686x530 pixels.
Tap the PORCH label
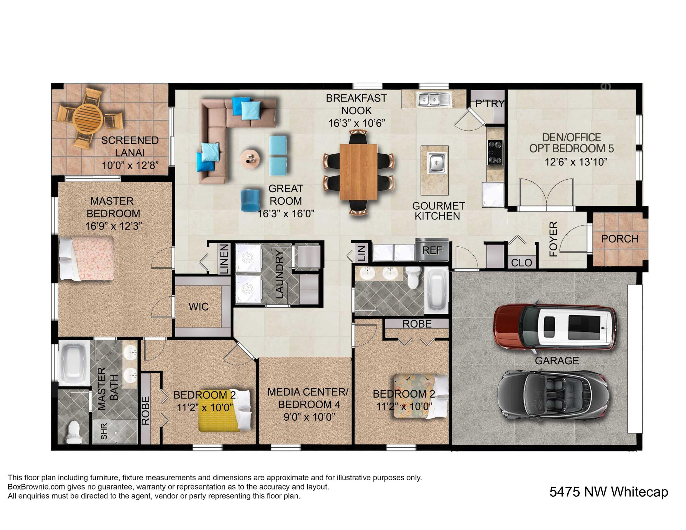coord(620,239)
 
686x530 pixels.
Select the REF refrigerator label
coord(432,250)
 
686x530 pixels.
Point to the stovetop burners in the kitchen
coord(495,152)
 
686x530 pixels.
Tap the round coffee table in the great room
coord(250,159)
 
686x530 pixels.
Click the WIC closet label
coord(199,307)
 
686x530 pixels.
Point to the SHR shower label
coord(104,431)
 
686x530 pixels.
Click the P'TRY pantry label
coord(489,103)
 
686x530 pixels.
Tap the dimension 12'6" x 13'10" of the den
coord(576,162)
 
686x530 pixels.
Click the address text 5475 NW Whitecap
coord(608,492)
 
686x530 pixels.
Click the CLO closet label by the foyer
coord(521,263)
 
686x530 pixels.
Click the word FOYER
coord(554,239)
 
